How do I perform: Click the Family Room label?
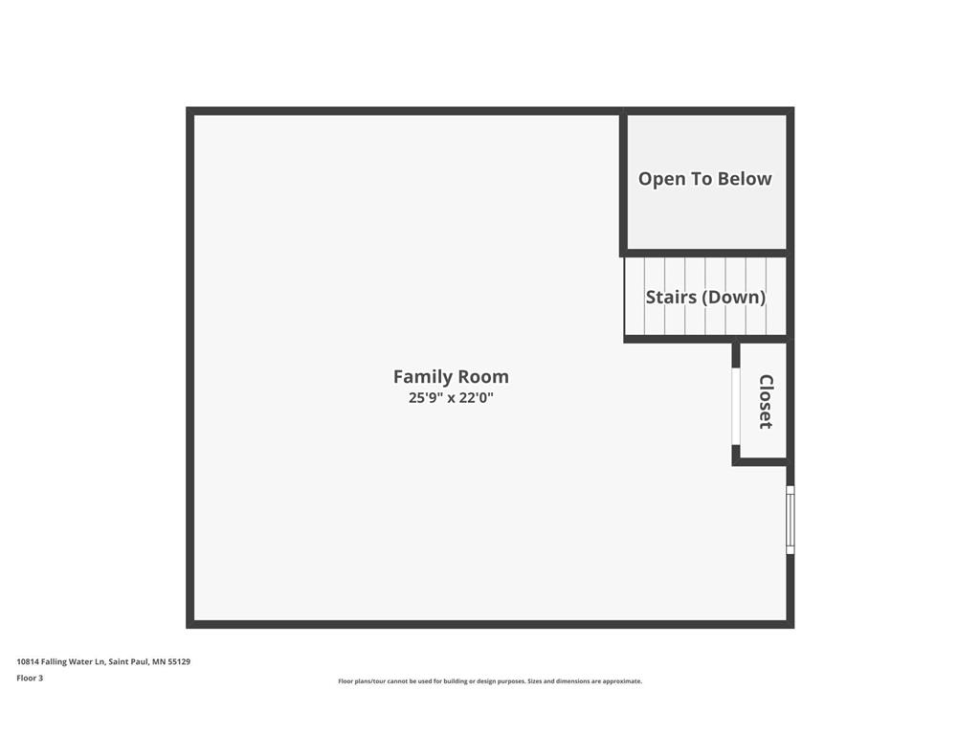(451, 377)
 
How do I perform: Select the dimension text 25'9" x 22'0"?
(451, 397)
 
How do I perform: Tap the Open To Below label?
(704, 179)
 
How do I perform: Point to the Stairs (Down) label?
(705, 297)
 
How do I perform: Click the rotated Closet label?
(766, 401)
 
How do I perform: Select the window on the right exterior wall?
(790, 520)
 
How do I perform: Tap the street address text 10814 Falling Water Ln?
(59, 661)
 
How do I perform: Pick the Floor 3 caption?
(30, 679)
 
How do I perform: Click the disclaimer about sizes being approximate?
(490, 681)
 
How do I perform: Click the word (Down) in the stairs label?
(734, 297)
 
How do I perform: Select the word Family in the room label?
(423, 377)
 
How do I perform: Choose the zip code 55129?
(179, 661)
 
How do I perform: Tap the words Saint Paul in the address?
(128, 661)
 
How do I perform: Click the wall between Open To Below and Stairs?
(705, 254)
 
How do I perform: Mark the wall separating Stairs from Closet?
(705, 339)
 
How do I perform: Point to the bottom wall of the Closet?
(761, 461)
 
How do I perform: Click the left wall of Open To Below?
(623, 182)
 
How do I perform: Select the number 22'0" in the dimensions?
(476, 397)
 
